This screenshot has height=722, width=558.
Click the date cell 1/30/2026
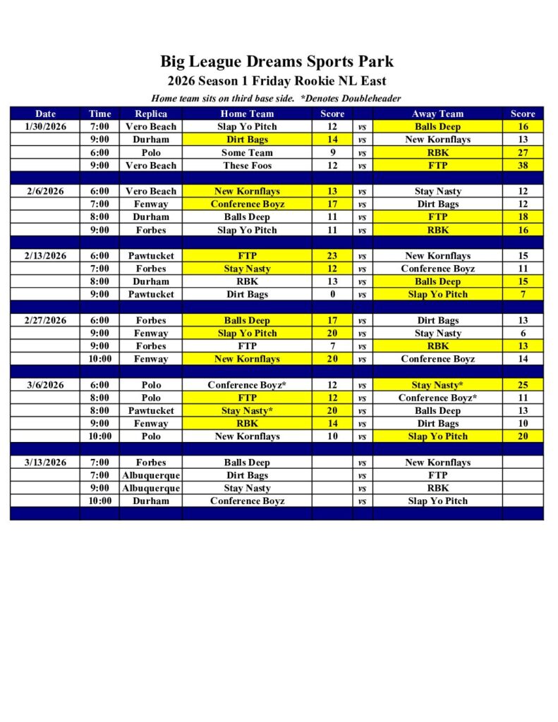45,127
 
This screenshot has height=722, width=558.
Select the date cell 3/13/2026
45,463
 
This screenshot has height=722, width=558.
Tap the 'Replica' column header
151,114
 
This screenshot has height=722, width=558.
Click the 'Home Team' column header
247,114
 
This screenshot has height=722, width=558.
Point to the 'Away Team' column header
437,114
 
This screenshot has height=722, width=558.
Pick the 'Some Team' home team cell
247,152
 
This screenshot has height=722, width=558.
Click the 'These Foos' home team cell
247,165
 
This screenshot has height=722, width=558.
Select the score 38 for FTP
523,165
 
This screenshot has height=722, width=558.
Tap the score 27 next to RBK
523,152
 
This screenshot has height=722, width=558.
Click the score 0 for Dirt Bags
332,294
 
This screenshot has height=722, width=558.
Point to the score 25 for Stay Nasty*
523,385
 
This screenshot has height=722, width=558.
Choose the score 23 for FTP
332,256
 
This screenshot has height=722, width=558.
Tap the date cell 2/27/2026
45,320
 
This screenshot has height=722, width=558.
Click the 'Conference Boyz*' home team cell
247,385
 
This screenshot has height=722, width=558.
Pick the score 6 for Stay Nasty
523,334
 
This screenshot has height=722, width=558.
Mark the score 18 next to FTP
523,217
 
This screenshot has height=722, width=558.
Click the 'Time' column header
99,114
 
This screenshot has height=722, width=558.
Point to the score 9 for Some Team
332,152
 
